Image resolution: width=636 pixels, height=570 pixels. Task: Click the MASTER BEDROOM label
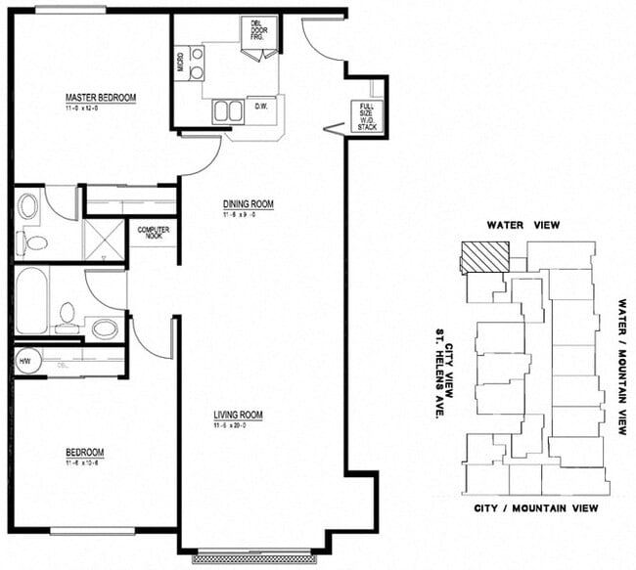(100, 98)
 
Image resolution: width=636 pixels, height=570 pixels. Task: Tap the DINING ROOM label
(246, 204)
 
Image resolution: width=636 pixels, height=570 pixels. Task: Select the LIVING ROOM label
(239, 416)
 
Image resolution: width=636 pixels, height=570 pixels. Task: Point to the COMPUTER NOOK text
(153, 233)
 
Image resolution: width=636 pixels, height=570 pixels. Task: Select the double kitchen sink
(228, 110)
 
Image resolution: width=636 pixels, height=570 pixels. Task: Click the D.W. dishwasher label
(261, 106)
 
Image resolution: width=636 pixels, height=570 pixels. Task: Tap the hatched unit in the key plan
(485, 257)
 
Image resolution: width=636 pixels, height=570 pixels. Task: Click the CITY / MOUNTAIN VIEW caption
(536, 508)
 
